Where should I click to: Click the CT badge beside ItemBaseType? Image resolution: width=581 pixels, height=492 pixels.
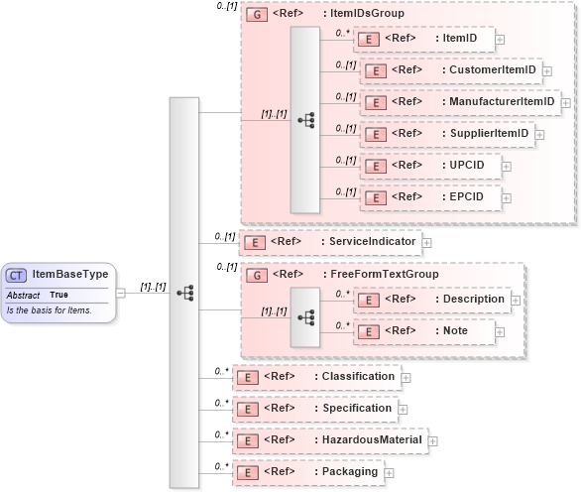coord(16,275)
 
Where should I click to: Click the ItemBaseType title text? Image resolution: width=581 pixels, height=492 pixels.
coord(70,275)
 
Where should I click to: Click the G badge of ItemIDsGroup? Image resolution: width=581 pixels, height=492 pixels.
coord(256,15)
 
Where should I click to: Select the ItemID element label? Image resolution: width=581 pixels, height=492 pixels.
coord(458,39)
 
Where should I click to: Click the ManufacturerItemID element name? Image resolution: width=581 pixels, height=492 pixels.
coord(500,102)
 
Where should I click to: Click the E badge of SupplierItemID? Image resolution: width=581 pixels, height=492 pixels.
coord(374,134)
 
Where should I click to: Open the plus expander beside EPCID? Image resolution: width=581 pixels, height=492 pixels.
coord(507,198)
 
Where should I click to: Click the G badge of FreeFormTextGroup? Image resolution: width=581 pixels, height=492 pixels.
coord(256,275)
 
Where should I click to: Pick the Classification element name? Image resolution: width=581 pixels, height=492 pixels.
coord(359,377)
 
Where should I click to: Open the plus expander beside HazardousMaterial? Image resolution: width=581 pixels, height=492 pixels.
coord(432,440)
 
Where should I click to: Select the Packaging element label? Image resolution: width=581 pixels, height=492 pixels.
coord(351,472)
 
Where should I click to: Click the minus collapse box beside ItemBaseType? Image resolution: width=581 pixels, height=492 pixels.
coord(121,292)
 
